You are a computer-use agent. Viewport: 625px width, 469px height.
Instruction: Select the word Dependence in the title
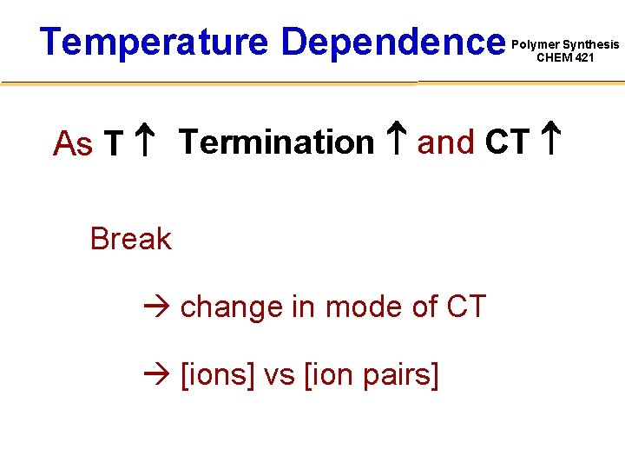pyautogui.click(x=393, y=42)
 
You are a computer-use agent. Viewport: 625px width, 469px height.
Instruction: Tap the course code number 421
pyautogui.click(x=583, y=58)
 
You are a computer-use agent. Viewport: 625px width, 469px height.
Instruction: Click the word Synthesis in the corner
pyautogui.click(x=591, y=44)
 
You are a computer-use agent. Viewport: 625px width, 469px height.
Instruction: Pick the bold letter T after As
pyautogui.click(x=111, y=144)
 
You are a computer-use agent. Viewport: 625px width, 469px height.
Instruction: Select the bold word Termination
pyautogui.click(x=276, y=142)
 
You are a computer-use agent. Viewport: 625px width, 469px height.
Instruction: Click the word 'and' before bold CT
pyautogui.click(x=446, y=142)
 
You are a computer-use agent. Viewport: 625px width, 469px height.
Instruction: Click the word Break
pyautogui.click(x=130, y=238)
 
